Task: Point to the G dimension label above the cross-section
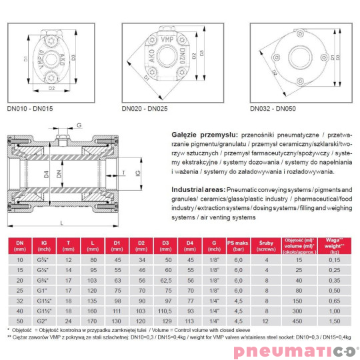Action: pyautogui.click(x=79, y=124)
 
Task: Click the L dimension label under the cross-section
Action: pyautogui.click(x=61, y=222)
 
